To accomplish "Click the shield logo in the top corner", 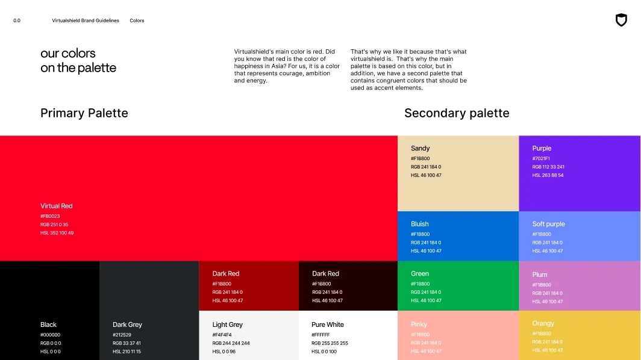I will point(621,20).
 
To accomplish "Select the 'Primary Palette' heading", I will point(84,113).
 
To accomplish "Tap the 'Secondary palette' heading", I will point(457,113).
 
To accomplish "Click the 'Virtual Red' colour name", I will point(57,206).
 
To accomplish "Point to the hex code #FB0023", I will point(50,216).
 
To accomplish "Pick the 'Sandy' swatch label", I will point(420,148).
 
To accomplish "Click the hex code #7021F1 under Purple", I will point(541,159).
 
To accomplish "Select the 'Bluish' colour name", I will point(420,224).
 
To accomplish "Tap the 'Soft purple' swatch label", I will point(548,224).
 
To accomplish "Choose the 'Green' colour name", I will point(420,273).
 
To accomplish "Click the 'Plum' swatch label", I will point(540,275).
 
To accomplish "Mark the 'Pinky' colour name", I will point(419,324).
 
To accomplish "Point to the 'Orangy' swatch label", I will point(543,323).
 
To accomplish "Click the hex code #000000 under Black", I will point(50,335).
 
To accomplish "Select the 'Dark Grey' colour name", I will point(127,324).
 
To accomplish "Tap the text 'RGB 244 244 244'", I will point(231,343).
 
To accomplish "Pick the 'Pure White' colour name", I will point(328,324).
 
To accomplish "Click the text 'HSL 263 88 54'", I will point(548,175).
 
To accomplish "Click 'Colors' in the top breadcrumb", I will point(137,20).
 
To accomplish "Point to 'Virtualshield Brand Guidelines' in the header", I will point(86,20).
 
